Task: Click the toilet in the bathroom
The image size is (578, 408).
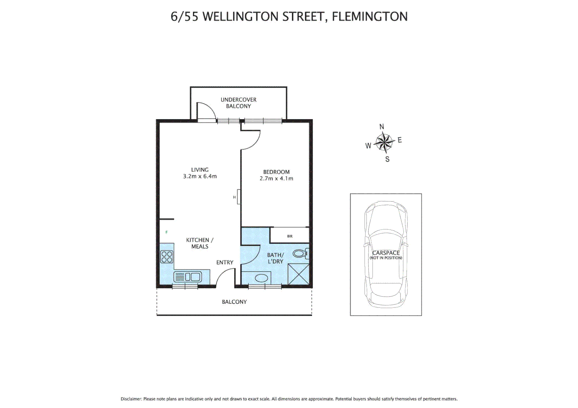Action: point(301,253)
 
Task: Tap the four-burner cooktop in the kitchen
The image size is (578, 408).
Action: point(167,257)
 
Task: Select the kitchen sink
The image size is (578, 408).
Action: point(188,277)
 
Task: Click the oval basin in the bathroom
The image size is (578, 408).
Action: point(261,278)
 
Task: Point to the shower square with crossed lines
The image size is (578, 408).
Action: point(298,274)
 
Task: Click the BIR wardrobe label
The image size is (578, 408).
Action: point(290,236)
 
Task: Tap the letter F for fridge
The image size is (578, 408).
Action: point(166,232)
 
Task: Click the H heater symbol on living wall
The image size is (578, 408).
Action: point(235,197)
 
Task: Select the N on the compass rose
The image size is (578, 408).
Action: point(382,127)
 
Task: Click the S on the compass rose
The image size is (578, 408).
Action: point(387,159)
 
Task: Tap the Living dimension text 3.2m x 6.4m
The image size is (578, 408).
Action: point(200,176)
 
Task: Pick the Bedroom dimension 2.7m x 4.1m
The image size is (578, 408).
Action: point(276,179)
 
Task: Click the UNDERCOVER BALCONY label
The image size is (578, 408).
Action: point(238,103)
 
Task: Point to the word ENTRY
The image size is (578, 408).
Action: point(225,262)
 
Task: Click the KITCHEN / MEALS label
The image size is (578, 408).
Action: point(200,243)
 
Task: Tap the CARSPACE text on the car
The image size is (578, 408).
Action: point(385,253)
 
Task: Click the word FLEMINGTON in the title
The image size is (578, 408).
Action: point(370,17)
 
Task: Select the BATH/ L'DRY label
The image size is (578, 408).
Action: point(275,258)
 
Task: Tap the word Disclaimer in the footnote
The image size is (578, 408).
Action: point(131,399)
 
